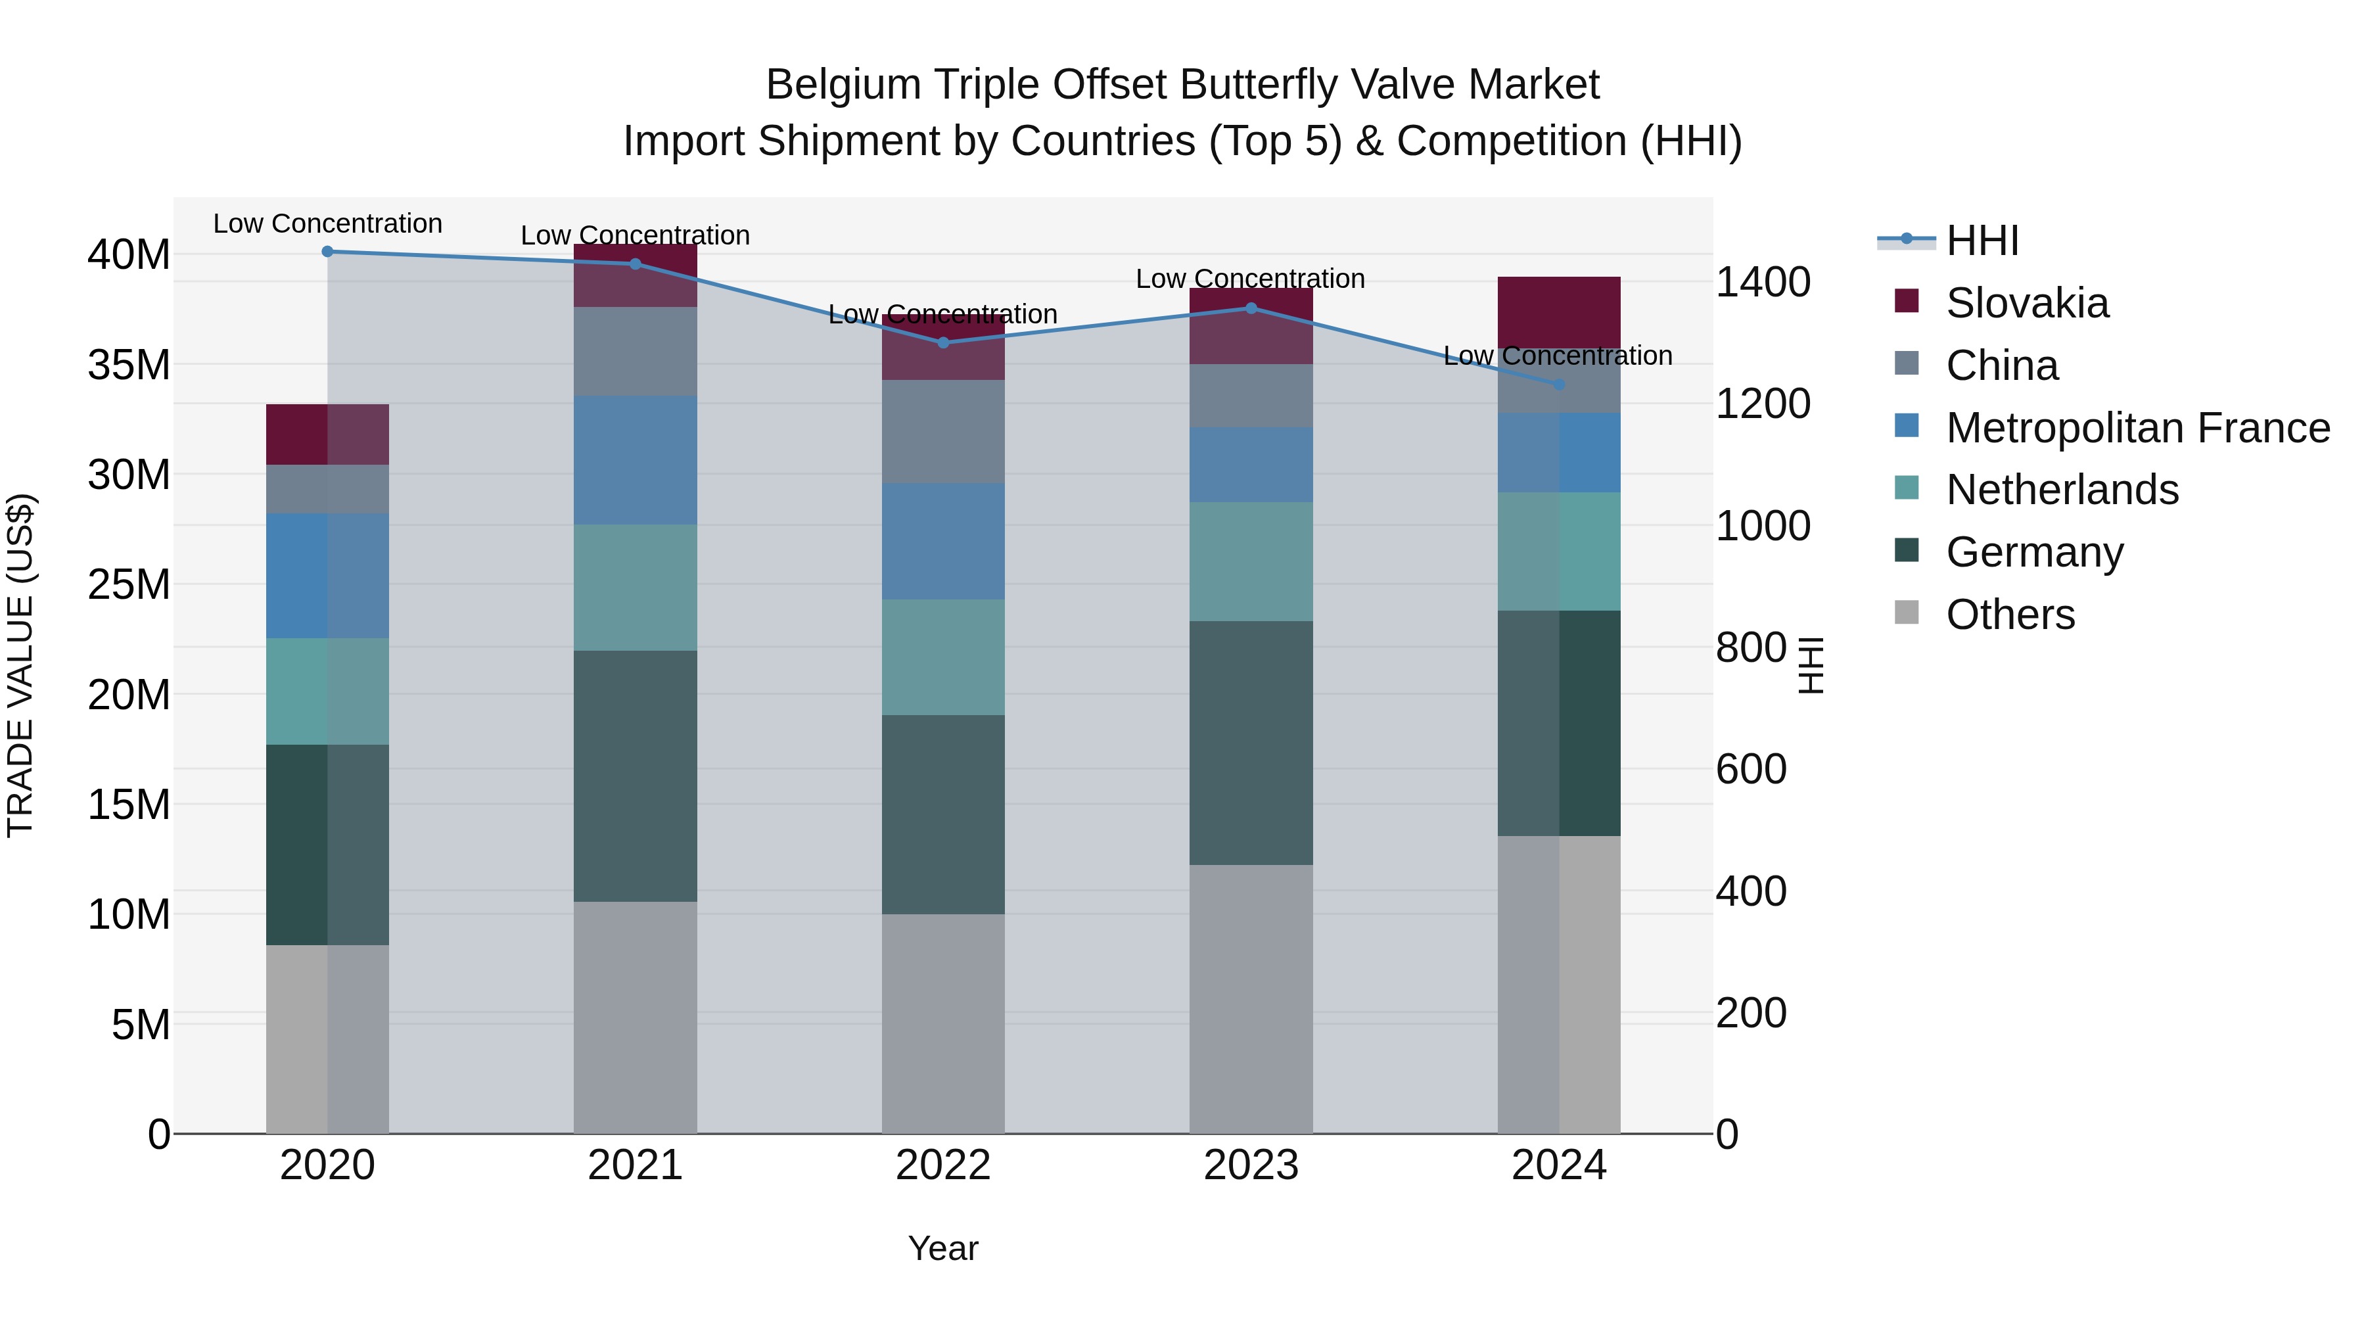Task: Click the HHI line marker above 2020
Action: (327, 252)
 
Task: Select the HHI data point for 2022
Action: (942, 342)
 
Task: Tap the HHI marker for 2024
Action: (1559, 385)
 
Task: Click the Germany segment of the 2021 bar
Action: (635, 776)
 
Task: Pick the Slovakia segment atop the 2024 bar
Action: (1559, 312)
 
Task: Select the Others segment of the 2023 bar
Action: (1250, 998)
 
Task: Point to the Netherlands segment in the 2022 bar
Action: (942, 658)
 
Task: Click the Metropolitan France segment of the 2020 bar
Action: (327, 576)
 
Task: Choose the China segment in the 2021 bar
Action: (635, 352)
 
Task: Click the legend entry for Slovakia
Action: (2026, 303)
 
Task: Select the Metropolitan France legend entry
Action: (2137, 428)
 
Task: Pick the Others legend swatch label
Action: (2010, 615)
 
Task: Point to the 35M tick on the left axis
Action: (129, 365)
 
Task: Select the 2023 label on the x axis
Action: (1250, 1165)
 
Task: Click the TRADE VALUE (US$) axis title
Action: (20, 665)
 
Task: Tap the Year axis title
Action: (942, 1248)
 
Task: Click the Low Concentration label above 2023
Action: (1250, 278)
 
